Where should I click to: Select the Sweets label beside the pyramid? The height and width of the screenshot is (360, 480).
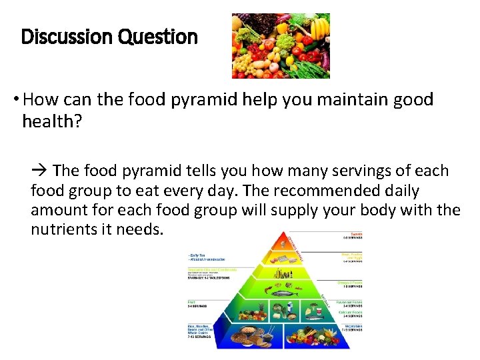(355, 235)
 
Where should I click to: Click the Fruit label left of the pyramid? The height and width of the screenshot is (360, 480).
(192, 301)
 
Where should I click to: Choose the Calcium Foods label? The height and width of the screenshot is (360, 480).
(352, 311)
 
